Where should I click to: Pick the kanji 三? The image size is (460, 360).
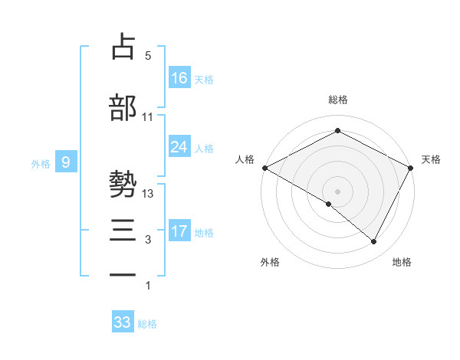(x=123, y=230)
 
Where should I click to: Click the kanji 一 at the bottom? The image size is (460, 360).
(x=123, y=274)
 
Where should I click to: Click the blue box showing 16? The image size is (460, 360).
(x=179, y=77)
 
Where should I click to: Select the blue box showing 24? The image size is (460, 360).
(x=179, y=146)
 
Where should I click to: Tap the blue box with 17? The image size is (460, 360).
(x=179, y=231)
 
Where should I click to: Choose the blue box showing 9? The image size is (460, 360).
(x=67, y=162)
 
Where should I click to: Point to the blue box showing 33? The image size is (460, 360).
(x=123, y=322)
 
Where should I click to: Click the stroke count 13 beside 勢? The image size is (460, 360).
(x=148, y=194)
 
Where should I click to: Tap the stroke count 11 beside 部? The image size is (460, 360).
(x=148, y=117)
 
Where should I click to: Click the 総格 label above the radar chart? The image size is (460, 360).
(x=337, y=100)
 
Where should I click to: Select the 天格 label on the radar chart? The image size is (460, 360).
(x=431, y=159)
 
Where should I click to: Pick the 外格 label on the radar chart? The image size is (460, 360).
(x=270, y=262)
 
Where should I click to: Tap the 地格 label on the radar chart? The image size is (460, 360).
(x=402, y=262)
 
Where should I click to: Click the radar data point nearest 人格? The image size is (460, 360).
(x=264, y=168)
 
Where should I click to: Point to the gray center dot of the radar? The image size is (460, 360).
(x=337, y=191)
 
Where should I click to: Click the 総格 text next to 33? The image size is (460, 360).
(x=147, y=324)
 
